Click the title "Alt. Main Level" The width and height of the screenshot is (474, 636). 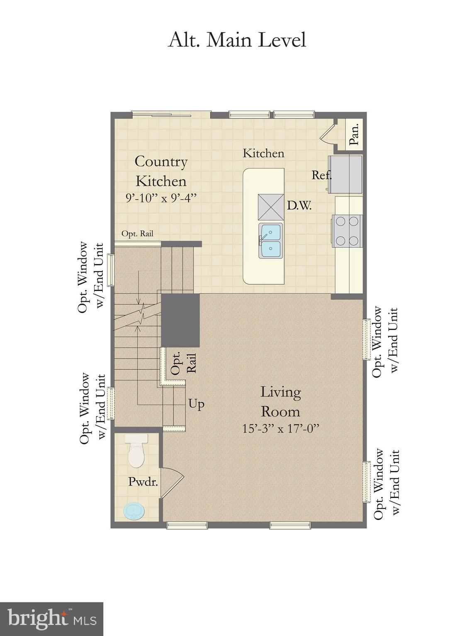click(237, 40)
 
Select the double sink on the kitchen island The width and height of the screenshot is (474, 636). click(270, 241)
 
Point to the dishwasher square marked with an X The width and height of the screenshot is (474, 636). click(271, 207)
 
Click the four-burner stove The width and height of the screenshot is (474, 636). click(347, 231)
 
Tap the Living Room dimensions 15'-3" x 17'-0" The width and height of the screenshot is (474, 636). click(280, 428)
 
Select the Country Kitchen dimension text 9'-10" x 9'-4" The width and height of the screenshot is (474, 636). click(161, 198)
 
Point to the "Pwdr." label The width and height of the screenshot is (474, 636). click(143, 482)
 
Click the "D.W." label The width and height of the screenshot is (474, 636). click(299, 205)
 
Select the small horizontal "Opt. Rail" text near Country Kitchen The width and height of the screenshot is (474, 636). click(137, 234)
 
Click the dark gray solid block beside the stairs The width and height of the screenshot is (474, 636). click(180, 320)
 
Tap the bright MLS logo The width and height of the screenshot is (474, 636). click(51, 619)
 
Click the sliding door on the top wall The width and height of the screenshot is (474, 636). click(171, 114)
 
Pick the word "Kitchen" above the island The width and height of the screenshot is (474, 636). click(263, 153)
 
